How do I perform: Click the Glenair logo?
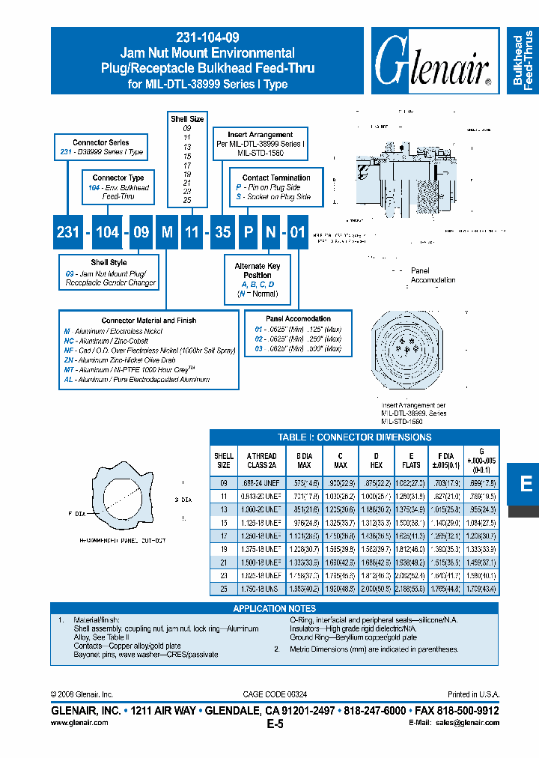click(433, 63)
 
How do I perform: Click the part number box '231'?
click(67, 232)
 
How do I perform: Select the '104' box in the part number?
click(107, 232)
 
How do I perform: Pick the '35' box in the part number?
click(222, 232)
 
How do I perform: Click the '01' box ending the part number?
click(297, 232)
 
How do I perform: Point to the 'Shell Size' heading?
click(186, 119)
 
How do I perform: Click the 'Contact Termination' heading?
click(276, 178)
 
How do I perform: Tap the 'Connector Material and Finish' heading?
click(149, 320)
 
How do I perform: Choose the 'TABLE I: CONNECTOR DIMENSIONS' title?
click(354, 437)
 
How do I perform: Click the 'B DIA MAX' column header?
click(304, 460)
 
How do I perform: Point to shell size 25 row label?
click(224, 589)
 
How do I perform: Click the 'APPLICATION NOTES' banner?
click(275, 608)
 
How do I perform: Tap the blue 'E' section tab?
click(526, 485)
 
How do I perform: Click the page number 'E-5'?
click(275, 724)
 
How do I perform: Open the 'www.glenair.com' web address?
click(79, 722)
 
